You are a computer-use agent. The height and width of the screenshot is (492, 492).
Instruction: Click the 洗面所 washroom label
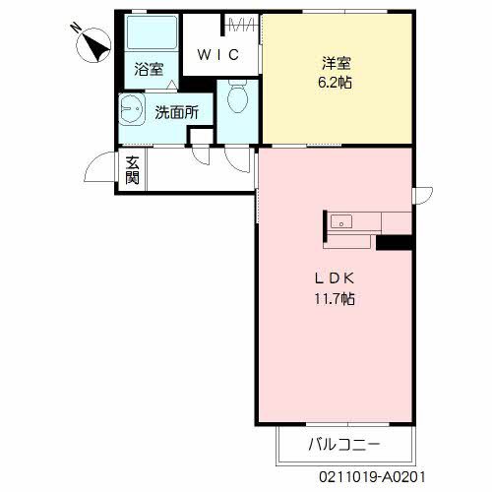coord(176,112)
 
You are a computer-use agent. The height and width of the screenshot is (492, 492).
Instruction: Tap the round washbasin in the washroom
coord(130,110)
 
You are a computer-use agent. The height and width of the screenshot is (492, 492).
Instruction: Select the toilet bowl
coord(236,96)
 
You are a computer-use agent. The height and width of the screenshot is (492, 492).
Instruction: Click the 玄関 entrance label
coord(132,172)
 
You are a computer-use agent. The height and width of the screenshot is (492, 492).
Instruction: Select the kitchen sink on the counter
coord(341,219)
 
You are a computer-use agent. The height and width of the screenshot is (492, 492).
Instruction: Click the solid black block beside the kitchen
coord(393,242)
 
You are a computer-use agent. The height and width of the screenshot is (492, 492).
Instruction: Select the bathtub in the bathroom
coord(150,36)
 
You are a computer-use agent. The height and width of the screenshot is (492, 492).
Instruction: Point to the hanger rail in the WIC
coord(241,26)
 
